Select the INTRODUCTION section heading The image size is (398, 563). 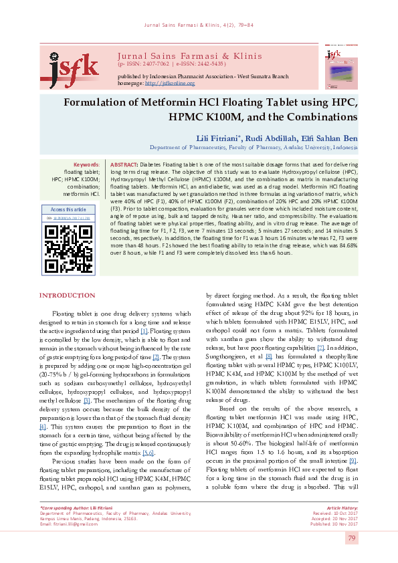(67, 314)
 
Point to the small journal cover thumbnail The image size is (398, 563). (340, 66)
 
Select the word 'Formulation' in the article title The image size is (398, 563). (100, 104)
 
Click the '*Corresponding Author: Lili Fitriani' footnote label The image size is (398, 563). (75, 509)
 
